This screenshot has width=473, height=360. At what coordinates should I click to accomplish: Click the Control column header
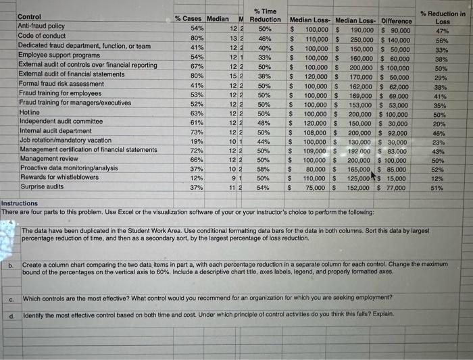29,16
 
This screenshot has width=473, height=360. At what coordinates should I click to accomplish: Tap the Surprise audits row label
42,186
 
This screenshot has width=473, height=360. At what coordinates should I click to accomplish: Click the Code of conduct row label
42,36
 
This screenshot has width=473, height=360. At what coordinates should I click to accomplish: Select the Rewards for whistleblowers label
59,177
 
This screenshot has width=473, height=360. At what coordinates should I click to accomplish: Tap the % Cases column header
189,19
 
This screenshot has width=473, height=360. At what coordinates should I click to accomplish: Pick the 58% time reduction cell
265,169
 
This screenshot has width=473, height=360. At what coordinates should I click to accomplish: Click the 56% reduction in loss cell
442,41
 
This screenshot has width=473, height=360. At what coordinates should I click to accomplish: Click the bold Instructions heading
20,203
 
